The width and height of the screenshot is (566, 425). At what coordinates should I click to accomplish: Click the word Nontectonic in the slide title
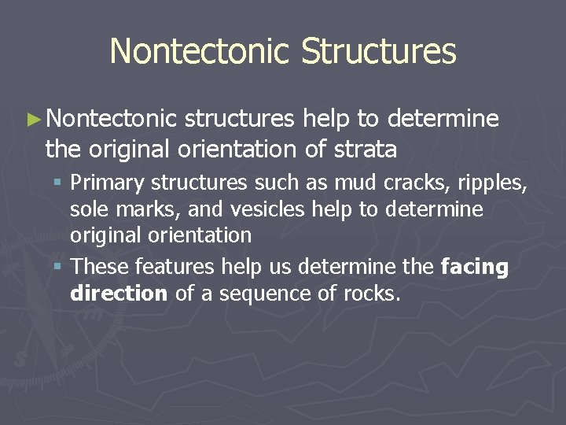coord(200,51)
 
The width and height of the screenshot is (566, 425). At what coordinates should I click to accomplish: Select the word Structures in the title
coord(379,51)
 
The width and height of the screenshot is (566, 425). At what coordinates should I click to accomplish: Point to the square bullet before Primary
coord(61,183)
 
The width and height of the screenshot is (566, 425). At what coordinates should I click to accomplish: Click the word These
coord(97,268)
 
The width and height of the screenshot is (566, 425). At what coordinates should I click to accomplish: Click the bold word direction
coord(119,294)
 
